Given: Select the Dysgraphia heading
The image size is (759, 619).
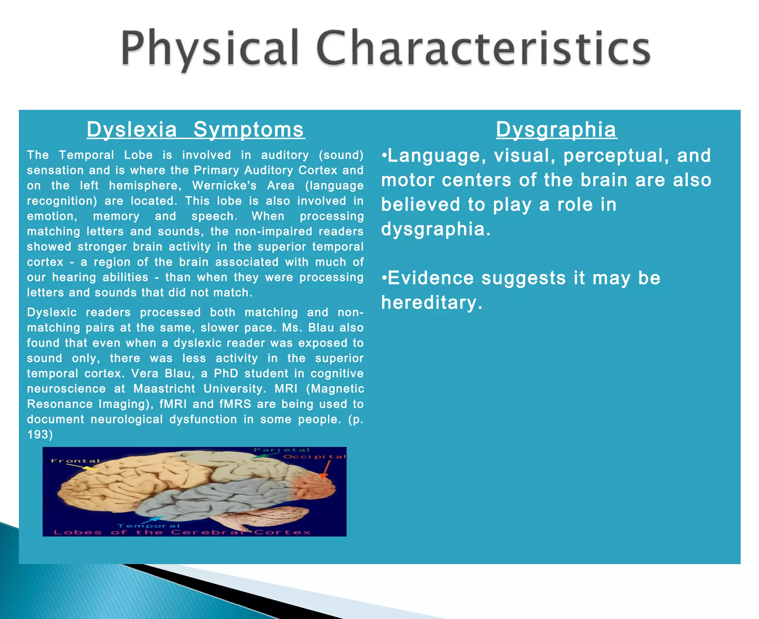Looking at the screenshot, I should [x=556, y=129].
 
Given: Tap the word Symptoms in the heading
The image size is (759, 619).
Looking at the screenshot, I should [x=249, y=129].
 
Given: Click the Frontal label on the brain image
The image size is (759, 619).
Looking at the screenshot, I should [x=75, y=461].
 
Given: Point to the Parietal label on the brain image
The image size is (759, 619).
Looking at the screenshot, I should [x=281, y=450].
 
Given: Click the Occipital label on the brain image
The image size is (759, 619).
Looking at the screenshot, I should [x=315, y=457].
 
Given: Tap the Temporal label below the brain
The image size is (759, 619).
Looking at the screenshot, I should [x=148, y=526].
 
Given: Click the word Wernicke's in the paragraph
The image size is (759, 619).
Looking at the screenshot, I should [x=224, y=185].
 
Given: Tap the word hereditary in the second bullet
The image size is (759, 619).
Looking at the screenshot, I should [x=432, y=302].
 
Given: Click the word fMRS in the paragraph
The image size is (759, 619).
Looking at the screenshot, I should [x=235, y=404].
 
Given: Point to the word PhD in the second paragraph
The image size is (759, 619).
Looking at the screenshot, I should [x=226, y=373].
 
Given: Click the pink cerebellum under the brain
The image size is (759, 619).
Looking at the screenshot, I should [x=274, y=515].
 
